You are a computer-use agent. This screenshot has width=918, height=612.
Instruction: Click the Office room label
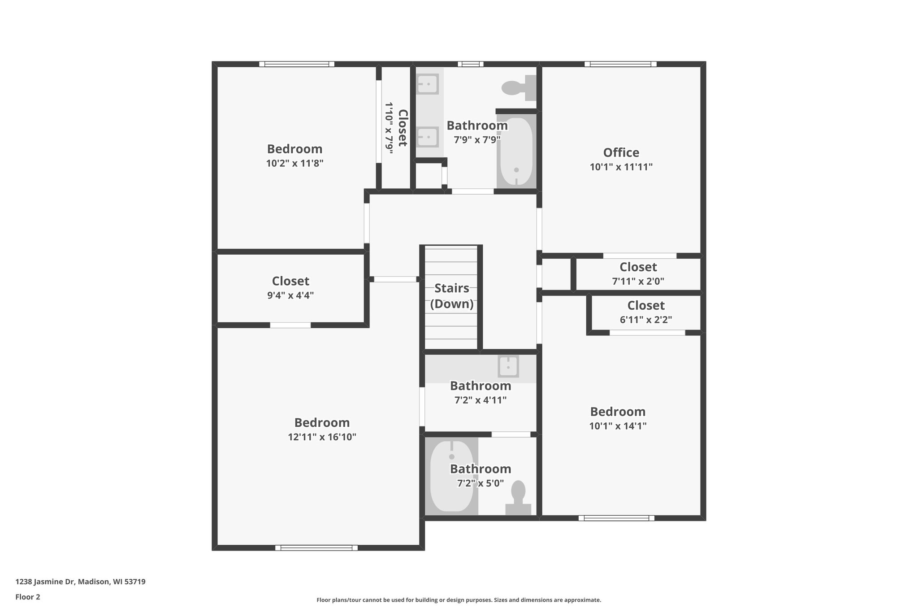621,153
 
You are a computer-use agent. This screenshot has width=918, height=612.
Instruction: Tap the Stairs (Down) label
452,296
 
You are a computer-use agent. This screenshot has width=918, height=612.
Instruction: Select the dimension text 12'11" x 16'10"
322,437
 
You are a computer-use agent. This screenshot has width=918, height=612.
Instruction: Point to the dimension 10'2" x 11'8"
294,163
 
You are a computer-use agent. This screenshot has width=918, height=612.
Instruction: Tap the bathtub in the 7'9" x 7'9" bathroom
516,151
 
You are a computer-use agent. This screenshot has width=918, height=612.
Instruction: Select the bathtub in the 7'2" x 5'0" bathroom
451,476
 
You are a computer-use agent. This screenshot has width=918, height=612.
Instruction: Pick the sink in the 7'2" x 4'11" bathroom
508,366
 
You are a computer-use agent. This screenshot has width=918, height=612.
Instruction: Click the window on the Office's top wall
620,64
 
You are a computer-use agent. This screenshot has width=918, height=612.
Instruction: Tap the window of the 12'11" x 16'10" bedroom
316,547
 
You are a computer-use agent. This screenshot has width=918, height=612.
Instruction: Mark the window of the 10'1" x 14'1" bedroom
616,518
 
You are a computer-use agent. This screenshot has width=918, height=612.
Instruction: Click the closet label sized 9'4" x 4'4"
290,281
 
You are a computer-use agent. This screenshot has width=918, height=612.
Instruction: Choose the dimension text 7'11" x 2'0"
638,282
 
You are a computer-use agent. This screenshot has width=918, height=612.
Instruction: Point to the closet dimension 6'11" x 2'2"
645,320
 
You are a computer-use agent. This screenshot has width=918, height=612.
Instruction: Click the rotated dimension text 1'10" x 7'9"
389,128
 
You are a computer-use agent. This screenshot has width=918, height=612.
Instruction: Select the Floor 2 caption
28,597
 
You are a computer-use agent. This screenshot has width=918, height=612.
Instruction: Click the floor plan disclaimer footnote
459,600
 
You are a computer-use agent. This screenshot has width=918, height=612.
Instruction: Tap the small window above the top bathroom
470,64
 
